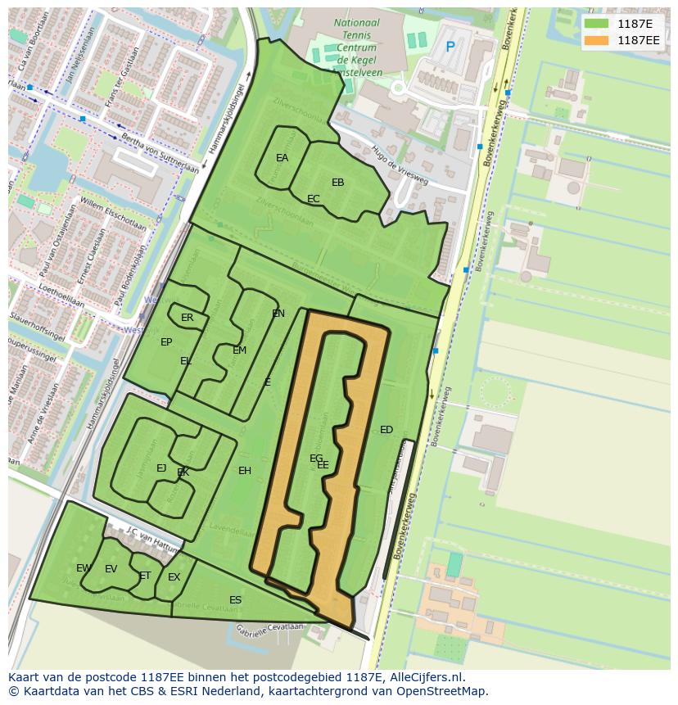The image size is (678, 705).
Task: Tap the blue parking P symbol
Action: [450, 47]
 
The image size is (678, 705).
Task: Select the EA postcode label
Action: [282, 158]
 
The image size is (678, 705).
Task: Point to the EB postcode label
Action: [337, 183]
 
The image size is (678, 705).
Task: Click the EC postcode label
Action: [313, 199]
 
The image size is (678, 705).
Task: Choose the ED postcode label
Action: [386, 430]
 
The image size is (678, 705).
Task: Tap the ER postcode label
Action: [188, 318]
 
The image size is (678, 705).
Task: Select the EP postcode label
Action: [166, 342]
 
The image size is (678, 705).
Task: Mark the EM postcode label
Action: [239, 350]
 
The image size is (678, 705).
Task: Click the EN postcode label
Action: [278, 314]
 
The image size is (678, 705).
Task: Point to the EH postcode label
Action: [245, 471]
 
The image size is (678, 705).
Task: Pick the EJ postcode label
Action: [161, 468]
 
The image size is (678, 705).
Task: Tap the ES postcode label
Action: [235, 600]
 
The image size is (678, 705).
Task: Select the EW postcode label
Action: [84, 568]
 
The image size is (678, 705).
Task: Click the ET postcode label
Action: [145, 576]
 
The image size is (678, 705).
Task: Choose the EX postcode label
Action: [174, 577]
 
